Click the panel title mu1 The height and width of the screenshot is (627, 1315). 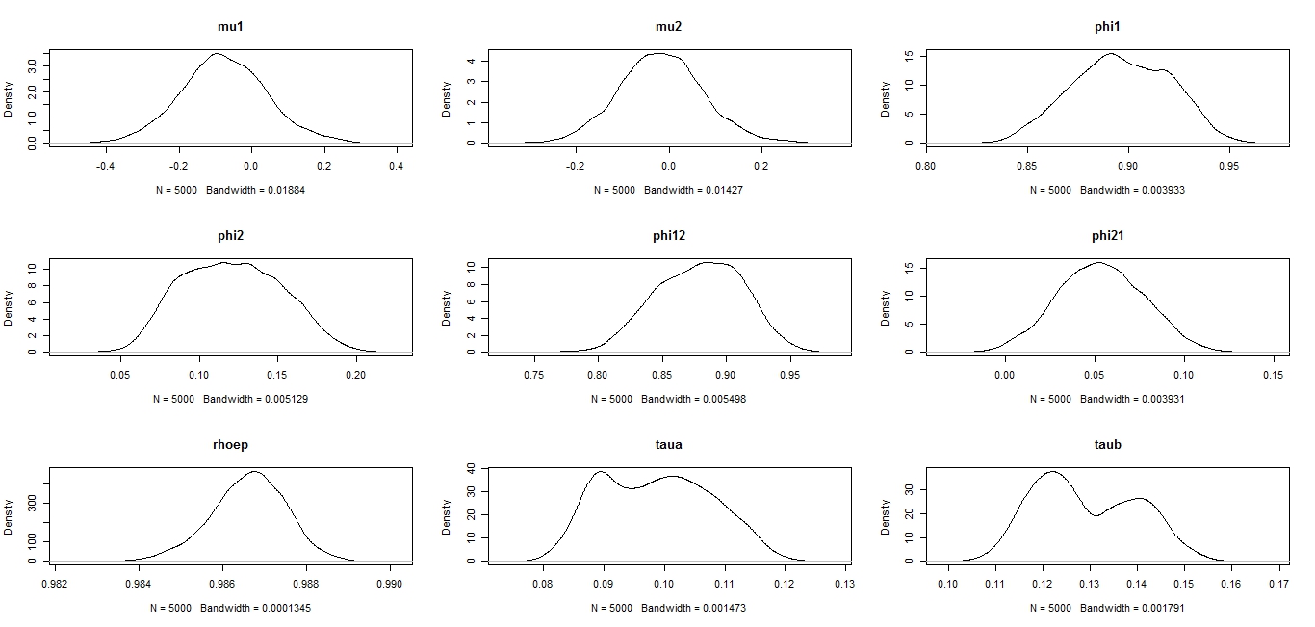click(229, 27)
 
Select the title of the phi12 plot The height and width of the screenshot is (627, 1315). click(668, 236)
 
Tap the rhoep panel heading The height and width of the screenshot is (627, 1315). click(229, 445)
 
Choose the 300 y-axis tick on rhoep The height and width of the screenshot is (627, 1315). click(34, 502)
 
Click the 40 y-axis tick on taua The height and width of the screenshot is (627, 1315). click(472, 468)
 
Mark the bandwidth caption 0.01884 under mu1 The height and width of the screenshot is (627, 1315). click(230, 190)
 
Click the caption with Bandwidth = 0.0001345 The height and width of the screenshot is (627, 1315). click(230, 608)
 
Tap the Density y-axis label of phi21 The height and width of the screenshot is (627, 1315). click(886, 308)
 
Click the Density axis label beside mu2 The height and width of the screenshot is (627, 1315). click(447, 99)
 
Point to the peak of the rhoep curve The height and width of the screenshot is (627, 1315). click(255, 471)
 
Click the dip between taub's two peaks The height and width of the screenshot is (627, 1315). click(1096, 515)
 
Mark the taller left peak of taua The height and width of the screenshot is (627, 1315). click(601, 472)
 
